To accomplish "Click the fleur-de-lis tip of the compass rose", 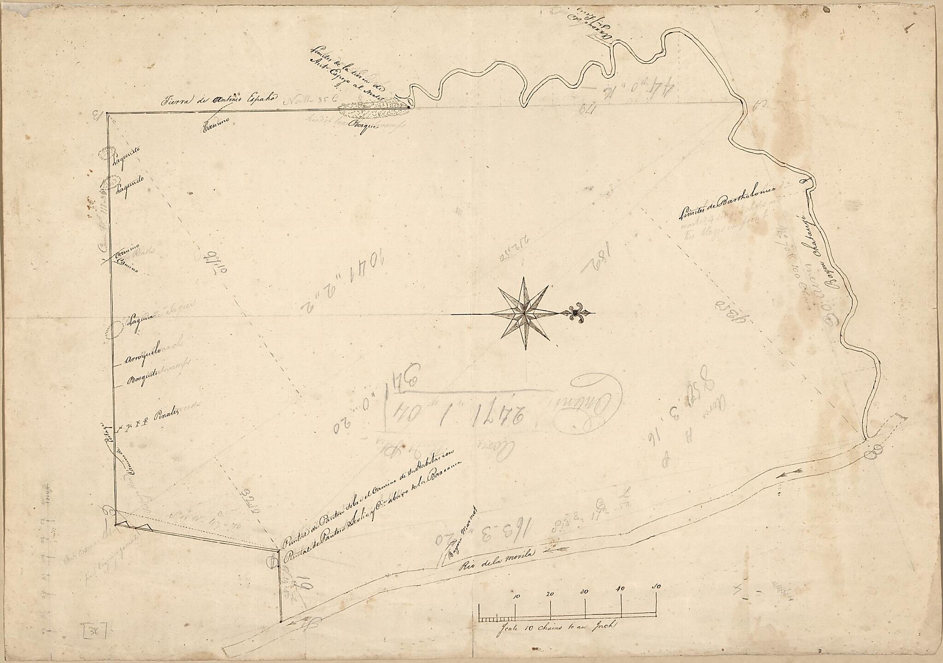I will (x=575, y=313).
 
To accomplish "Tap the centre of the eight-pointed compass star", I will (x=524, y=314).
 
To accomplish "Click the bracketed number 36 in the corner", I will (x=94, y=631).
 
